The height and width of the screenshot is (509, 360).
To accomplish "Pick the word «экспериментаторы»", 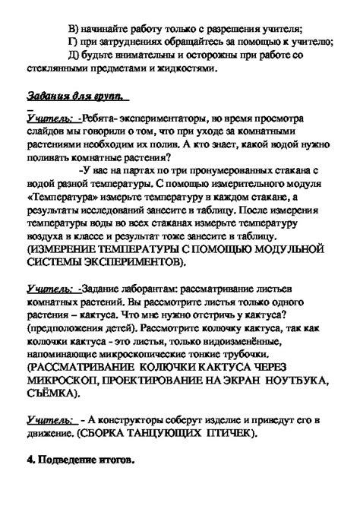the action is pos(160,122).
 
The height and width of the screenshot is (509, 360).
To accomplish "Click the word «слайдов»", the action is pos(46,134).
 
